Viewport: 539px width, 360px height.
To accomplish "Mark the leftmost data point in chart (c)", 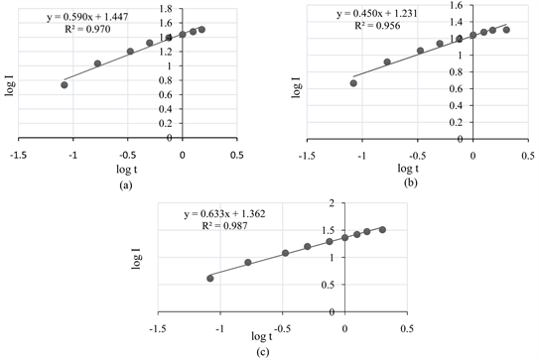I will tap(209, 278).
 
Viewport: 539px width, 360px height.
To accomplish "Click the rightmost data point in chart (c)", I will tap(382, 229).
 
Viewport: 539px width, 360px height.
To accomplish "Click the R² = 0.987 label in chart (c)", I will tap(229, 226).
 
